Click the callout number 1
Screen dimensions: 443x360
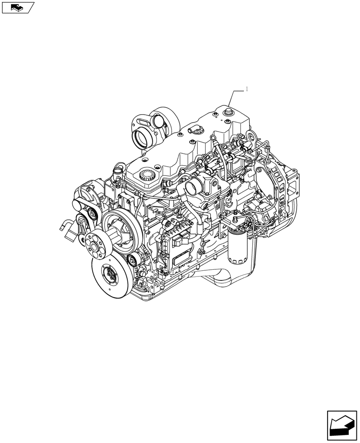247,89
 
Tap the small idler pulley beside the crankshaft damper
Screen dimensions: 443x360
131,261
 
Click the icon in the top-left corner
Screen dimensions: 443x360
18,7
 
